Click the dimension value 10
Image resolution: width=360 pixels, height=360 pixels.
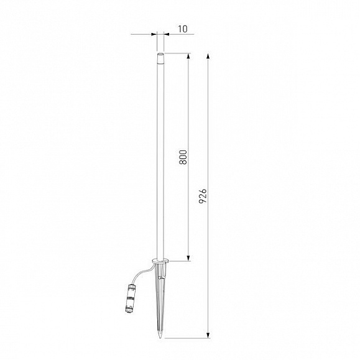183,29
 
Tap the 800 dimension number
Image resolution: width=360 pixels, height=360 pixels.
183,157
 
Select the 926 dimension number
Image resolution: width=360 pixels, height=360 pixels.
203,196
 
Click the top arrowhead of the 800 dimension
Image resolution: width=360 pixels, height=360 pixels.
188,57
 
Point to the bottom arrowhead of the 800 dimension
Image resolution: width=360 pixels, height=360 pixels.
188,258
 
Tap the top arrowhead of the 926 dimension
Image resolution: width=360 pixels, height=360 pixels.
208,57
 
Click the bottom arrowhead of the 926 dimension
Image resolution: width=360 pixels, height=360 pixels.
208,335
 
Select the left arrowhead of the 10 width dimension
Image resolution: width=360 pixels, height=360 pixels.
154,34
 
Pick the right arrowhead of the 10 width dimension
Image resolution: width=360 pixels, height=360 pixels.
167,34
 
